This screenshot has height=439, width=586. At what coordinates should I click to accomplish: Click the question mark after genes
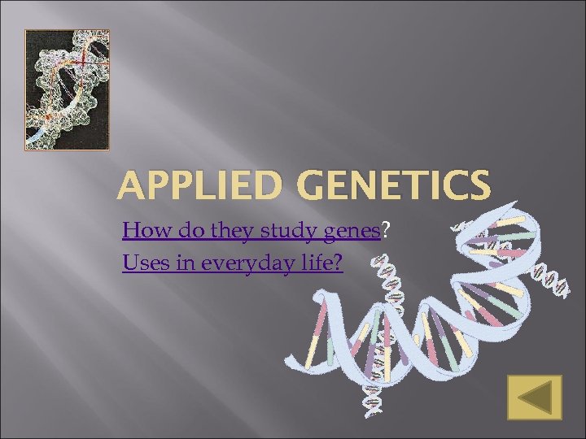tap(385, 232)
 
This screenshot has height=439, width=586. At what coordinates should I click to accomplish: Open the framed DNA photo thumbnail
tap(67, 89)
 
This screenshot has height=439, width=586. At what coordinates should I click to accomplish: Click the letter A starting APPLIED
tap(129, 185)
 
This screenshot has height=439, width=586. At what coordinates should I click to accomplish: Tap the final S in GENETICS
tap(479, 185)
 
